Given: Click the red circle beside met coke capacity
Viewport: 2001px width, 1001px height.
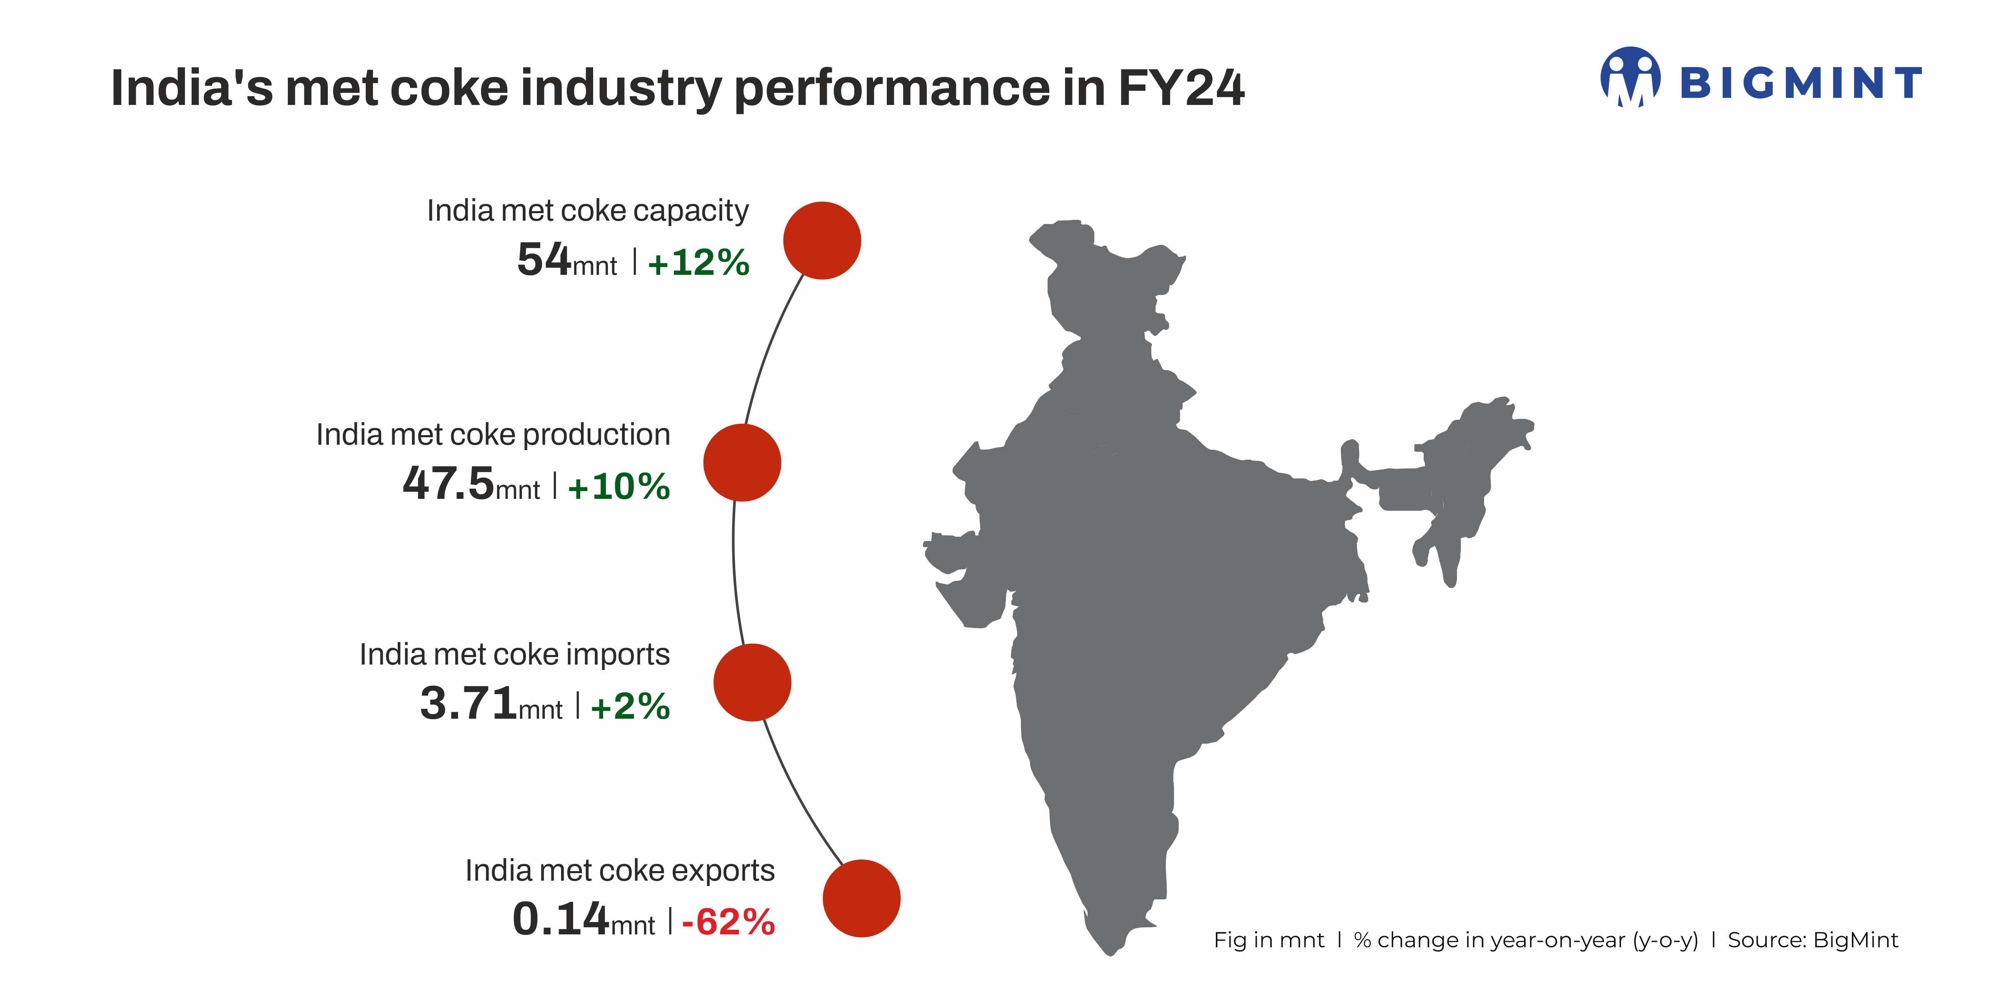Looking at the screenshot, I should (x=822, y=241).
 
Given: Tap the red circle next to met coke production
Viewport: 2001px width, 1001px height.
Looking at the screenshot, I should (x=742, y=463).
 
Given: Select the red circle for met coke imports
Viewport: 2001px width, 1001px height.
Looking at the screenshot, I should (x=752, y=682).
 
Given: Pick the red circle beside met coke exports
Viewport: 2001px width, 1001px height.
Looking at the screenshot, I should (x=861, y=899).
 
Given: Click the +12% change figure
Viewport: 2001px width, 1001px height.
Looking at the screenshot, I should (x=699, y=262).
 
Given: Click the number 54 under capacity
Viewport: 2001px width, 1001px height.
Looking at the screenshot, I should (x=544, y=259).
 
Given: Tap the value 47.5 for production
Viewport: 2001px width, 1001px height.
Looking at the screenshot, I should (x=448, y=483).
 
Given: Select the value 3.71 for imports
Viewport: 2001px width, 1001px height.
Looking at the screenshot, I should (x=469, y=704).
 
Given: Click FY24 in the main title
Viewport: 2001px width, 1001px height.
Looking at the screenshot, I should (x=1181, y=88).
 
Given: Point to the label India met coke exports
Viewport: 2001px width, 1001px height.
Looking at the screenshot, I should (x=620, y=871).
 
